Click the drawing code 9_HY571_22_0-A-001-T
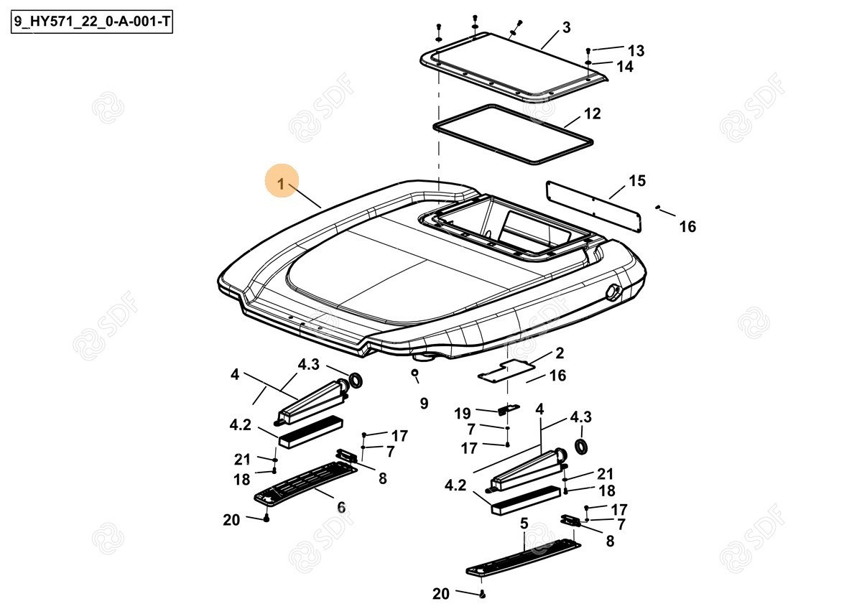coord(92,22)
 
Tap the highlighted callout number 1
coord(282,184)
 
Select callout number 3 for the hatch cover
coord(567,28)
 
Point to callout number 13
coord(636,50)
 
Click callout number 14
coord(625,67)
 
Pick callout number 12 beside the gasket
coord(592,114)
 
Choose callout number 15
coord(637,181)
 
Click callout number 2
coord(560,353)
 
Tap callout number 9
coord(424,403)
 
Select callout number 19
coord(462,414)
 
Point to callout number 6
coord(341,508)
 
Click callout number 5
coord(524,524)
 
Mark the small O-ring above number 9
coord(414,372)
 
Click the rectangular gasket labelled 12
coord(513,134)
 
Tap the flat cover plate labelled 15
coord(594,207)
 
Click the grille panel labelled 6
coord(305,482)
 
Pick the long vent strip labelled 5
coord(523,557)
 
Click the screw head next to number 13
coord(588,50)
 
